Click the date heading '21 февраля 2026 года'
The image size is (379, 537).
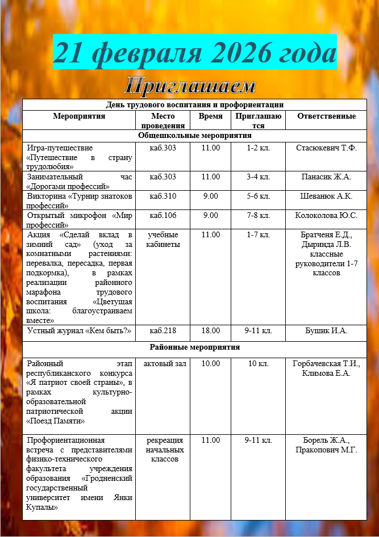point(195,52)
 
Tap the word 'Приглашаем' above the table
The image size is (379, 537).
point(190,86)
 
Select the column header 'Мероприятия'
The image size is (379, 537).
point(79,116)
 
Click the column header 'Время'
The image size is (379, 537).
point(210,116)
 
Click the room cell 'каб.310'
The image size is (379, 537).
point(163,196)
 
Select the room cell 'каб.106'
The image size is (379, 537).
point(163,216)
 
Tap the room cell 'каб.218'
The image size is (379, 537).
point(163,330)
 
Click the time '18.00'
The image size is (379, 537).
point(210,330)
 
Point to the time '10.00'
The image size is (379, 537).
point(210,363)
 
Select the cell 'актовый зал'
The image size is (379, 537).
point(163,363)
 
